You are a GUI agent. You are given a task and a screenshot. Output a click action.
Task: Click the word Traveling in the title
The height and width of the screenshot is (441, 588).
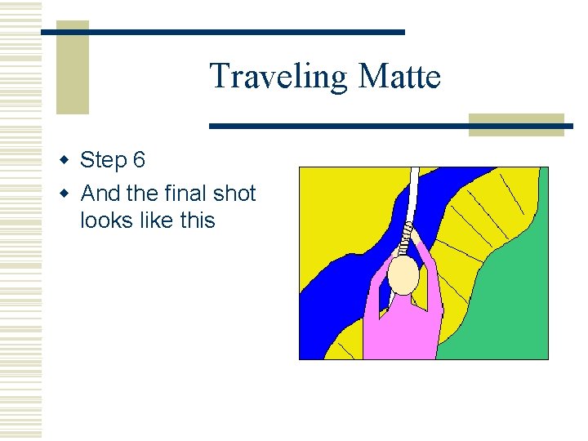278,77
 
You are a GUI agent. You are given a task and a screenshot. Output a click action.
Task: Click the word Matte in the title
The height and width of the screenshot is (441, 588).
399,77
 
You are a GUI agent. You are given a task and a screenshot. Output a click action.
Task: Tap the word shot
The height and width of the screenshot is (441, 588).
234,194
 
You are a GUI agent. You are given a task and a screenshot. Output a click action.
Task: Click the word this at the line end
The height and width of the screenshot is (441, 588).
195,220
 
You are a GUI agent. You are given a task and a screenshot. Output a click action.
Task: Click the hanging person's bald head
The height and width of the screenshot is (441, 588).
403,276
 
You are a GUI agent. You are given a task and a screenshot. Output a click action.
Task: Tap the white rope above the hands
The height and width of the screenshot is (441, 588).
413,196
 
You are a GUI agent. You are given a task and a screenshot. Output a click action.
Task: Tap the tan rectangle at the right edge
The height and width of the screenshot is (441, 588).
516,124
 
